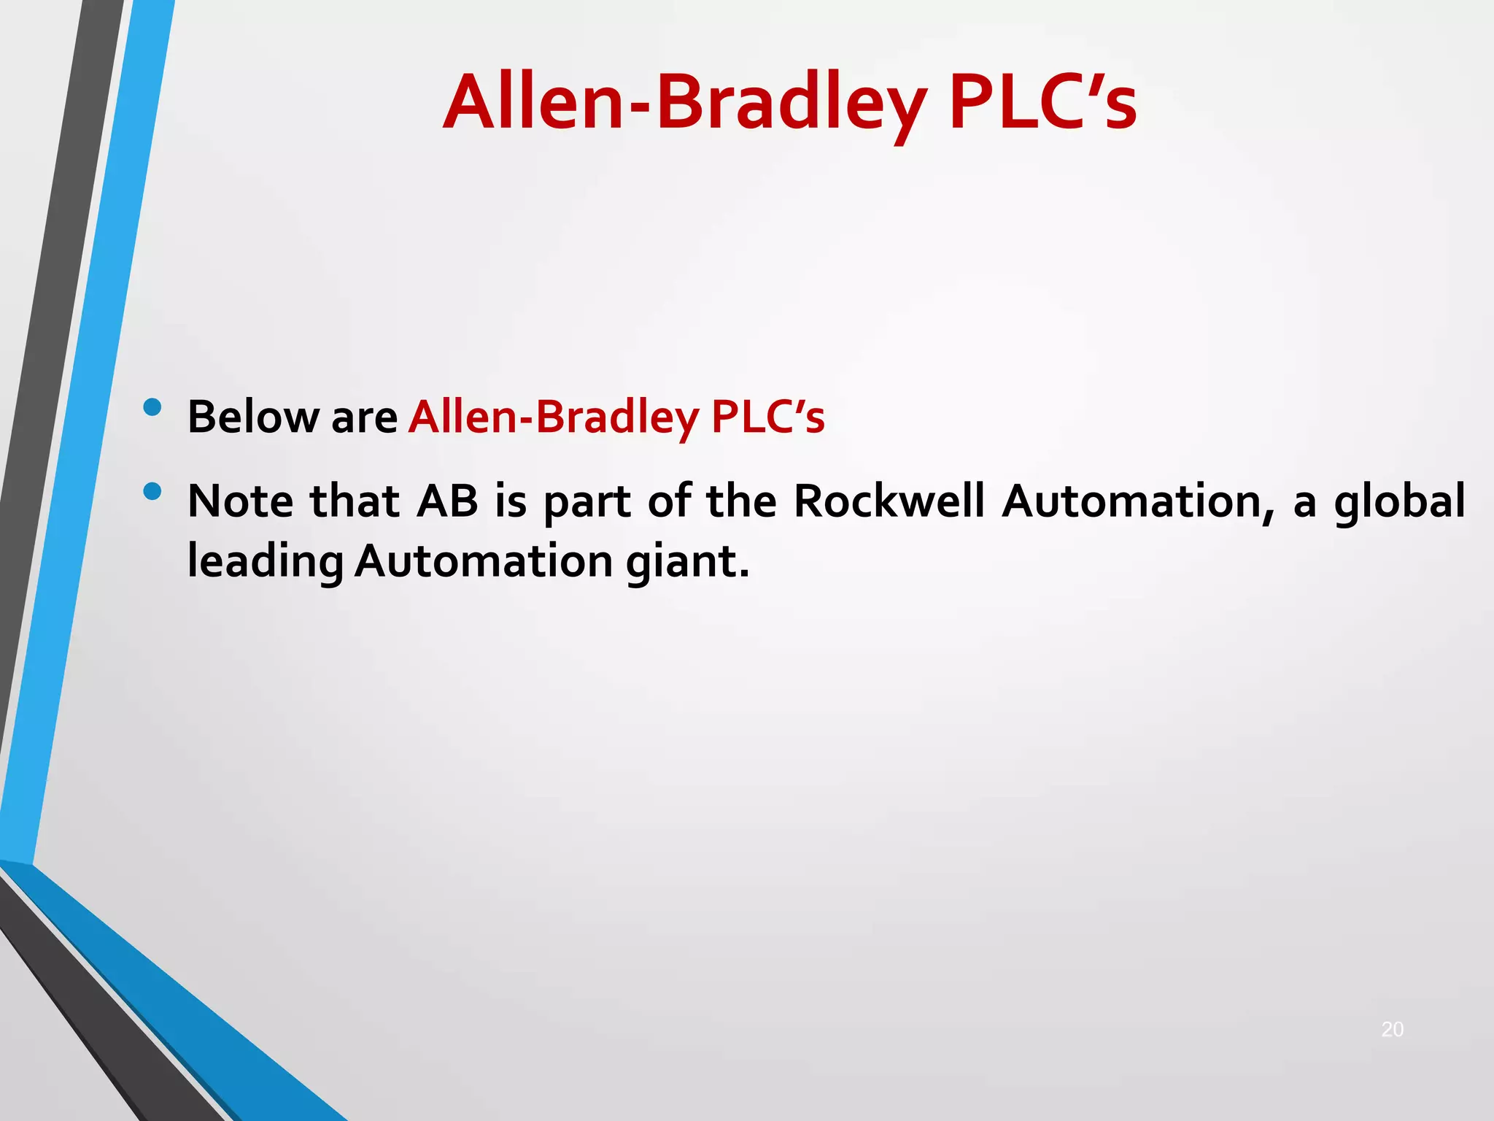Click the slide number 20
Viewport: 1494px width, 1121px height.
(1392, 1029)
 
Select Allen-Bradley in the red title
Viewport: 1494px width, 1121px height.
(685, 104)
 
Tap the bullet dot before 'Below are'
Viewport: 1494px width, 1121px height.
(152, 407)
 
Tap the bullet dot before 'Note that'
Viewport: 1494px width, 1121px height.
(152, 492)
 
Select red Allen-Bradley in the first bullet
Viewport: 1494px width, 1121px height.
(554, 418)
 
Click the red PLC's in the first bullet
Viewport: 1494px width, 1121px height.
(767, 417)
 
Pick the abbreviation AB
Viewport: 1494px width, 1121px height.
(447, 501)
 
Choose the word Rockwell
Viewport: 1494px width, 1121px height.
(889, 501)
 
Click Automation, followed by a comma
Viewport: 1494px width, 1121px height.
(1138, 503)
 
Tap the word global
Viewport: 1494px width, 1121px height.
(1399, 501)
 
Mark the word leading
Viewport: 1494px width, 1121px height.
(266, 563)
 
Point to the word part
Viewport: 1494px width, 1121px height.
(587, 503)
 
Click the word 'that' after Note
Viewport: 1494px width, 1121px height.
(355, 501)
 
